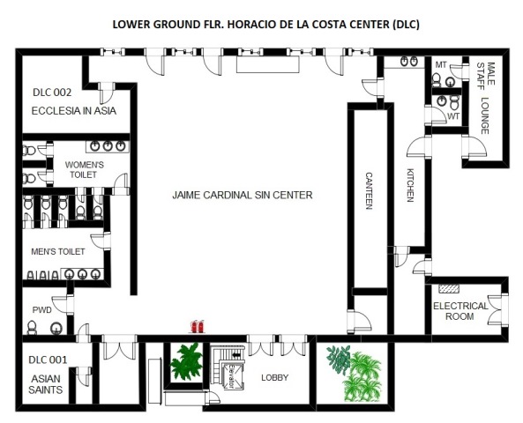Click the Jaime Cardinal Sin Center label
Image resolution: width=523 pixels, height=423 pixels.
point(243,195)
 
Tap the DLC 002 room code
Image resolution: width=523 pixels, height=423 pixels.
point(52,93)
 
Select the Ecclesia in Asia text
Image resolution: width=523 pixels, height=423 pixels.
point(74,111)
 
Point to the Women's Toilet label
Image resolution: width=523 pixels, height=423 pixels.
point(85,170)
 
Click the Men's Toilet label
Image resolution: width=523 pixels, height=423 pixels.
point(58,252)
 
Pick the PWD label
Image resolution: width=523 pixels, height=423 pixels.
point(42,310)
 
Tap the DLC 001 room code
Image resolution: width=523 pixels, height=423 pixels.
point(48,360)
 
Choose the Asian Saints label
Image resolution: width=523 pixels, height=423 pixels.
point(46,384)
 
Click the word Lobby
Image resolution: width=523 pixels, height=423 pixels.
point(274,378)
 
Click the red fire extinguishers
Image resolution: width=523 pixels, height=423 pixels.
point(198,326)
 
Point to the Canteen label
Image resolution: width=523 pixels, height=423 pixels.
point(369,190)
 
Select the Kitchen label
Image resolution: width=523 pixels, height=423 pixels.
point(410,185)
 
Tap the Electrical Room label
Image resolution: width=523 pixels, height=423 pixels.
point(460,311)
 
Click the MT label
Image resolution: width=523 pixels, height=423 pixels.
point(441,65)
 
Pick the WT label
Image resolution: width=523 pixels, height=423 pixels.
point(453,116)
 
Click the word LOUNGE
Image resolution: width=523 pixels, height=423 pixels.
point(485,115)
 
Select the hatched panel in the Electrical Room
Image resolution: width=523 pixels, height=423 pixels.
point(449,289)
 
